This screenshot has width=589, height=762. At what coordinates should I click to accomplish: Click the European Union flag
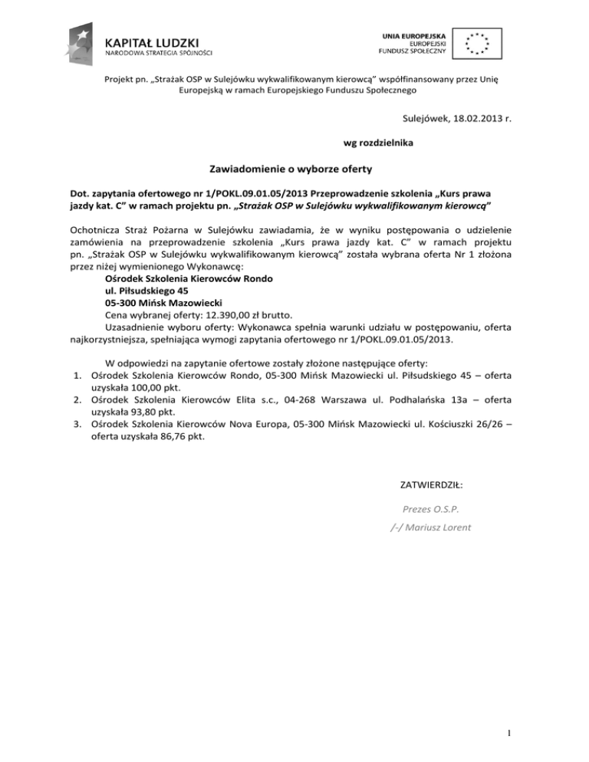click(x=478, y=42)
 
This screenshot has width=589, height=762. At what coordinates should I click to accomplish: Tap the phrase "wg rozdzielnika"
click(x=377, y=143)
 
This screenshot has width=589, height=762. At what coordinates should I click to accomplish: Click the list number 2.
click(x=78, y=401)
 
